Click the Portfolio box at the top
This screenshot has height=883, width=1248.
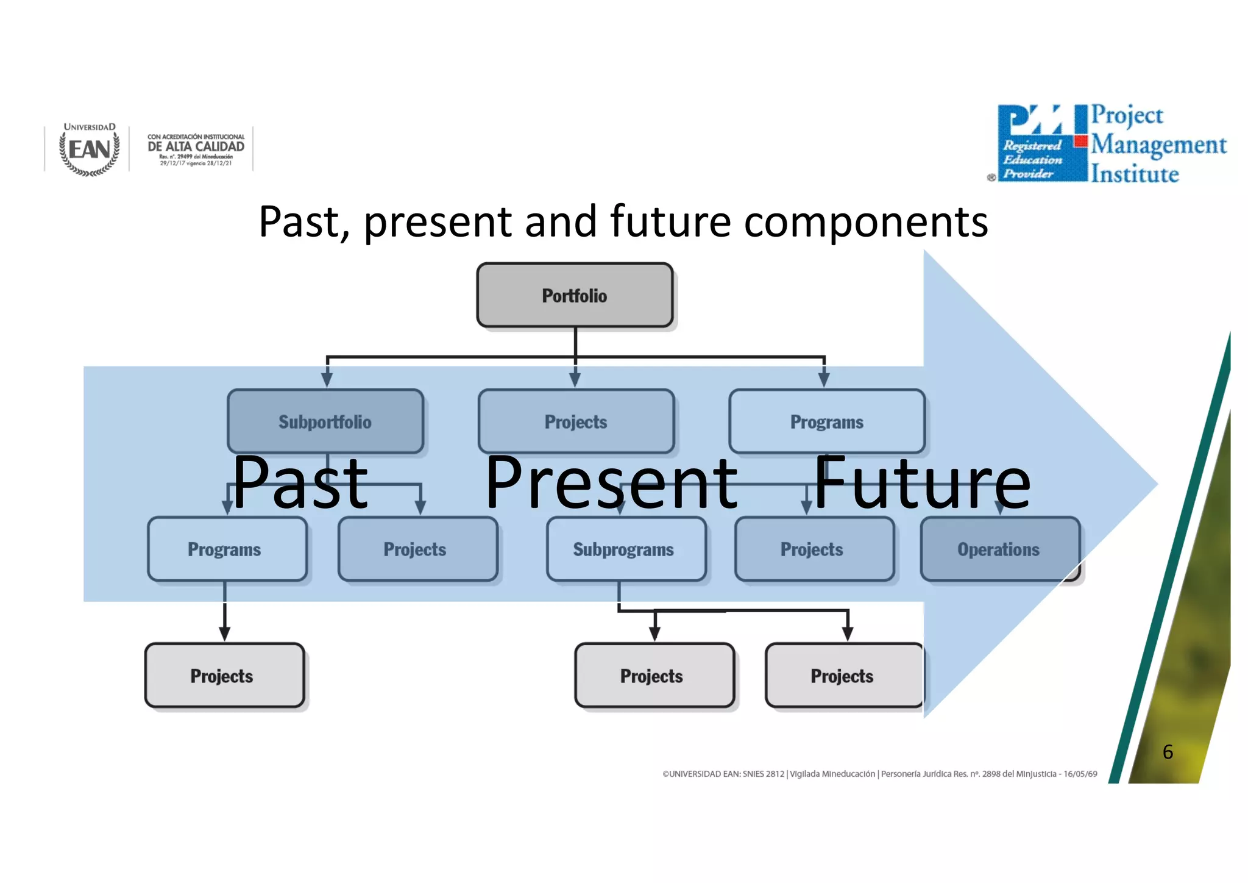[575, 296]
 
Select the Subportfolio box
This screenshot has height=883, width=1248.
[325, 421]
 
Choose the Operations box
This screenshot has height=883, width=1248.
[999, 549]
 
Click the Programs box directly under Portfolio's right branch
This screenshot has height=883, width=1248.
[827, 421]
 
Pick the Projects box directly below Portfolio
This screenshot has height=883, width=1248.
[576, 421]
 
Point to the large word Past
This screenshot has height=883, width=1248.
[300, 483]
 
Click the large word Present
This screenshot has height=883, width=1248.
[611, 483]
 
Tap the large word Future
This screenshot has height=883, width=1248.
[921, 483]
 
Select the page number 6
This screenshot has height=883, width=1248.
[1168, 752]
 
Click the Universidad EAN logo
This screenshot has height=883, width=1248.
[90, 149]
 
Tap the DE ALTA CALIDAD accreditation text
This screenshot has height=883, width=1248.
[196, 147]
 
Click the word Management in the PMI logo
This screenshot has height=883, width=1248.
[1158, 145]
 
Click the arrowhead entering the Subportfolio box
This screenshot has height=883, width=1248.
[327, 379]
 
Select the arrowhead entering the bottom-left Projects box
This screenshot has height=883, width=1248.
[224, 633]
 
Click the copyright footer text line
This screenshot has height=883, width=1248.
[879, 774]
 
